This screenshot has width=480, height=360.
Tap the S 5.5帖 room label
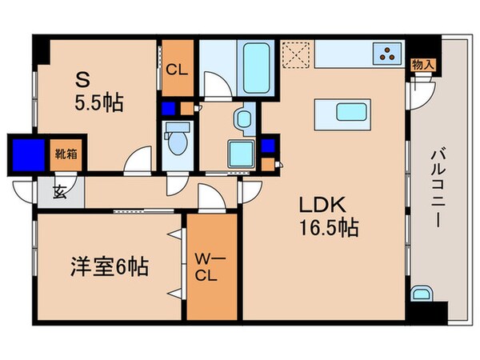pyautogui.click(x=98, y=93)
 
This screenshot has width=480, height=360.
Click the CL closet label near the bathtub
pyautogui.click(x=176, y=69)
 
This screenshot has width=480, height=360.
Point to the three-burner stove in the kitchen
pyautogui.click(x=390, y=55)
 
